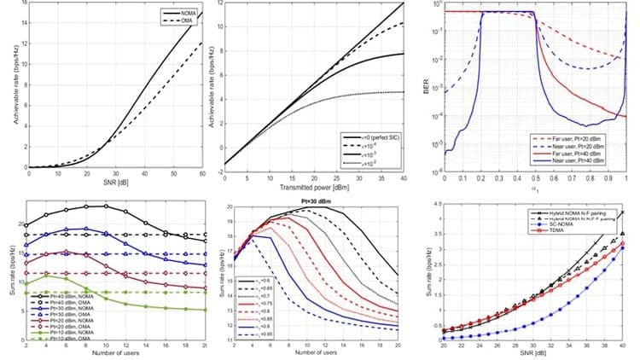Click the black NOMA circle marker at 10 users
tap(106, 206)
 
